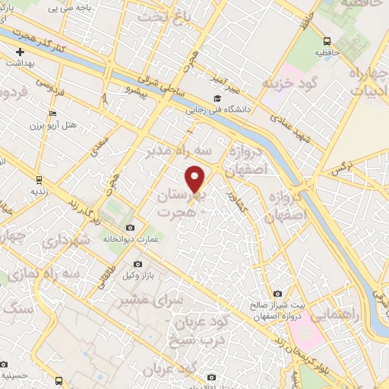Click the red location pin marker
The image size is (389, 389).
point(197,179)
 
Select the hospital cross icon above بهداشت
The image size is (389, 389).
point(21,52)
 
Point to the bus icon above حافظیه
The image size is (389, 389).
point(327,41)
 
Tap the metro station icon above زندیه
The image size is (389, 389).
point(39,180)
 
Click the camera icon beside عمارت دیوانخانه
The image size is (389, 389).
point(131,228)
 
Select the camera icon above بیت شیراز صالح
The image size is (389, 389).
point(277,294)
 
